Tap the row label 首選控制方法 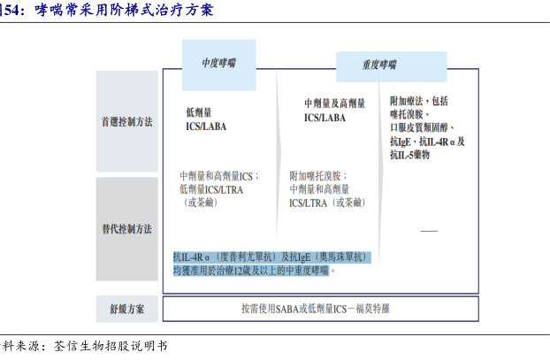(x=126, y=122)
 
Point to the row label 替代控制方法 (x=126, y=229)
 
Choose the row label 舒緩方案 (x=126, y=310)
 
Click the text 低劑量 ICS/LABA (x=205, y=119)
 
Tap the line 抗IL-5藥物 (x=409, y=155)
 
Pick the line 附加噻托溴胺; (x=318, y=175)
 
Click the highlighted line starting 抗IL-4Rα (x=270, y=257)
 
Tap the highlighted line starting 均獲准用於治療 (x=255, y=270)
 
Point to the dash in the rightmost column (x=429, y=230)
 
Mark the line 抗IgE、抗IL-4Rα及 (x=427, y=142)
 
